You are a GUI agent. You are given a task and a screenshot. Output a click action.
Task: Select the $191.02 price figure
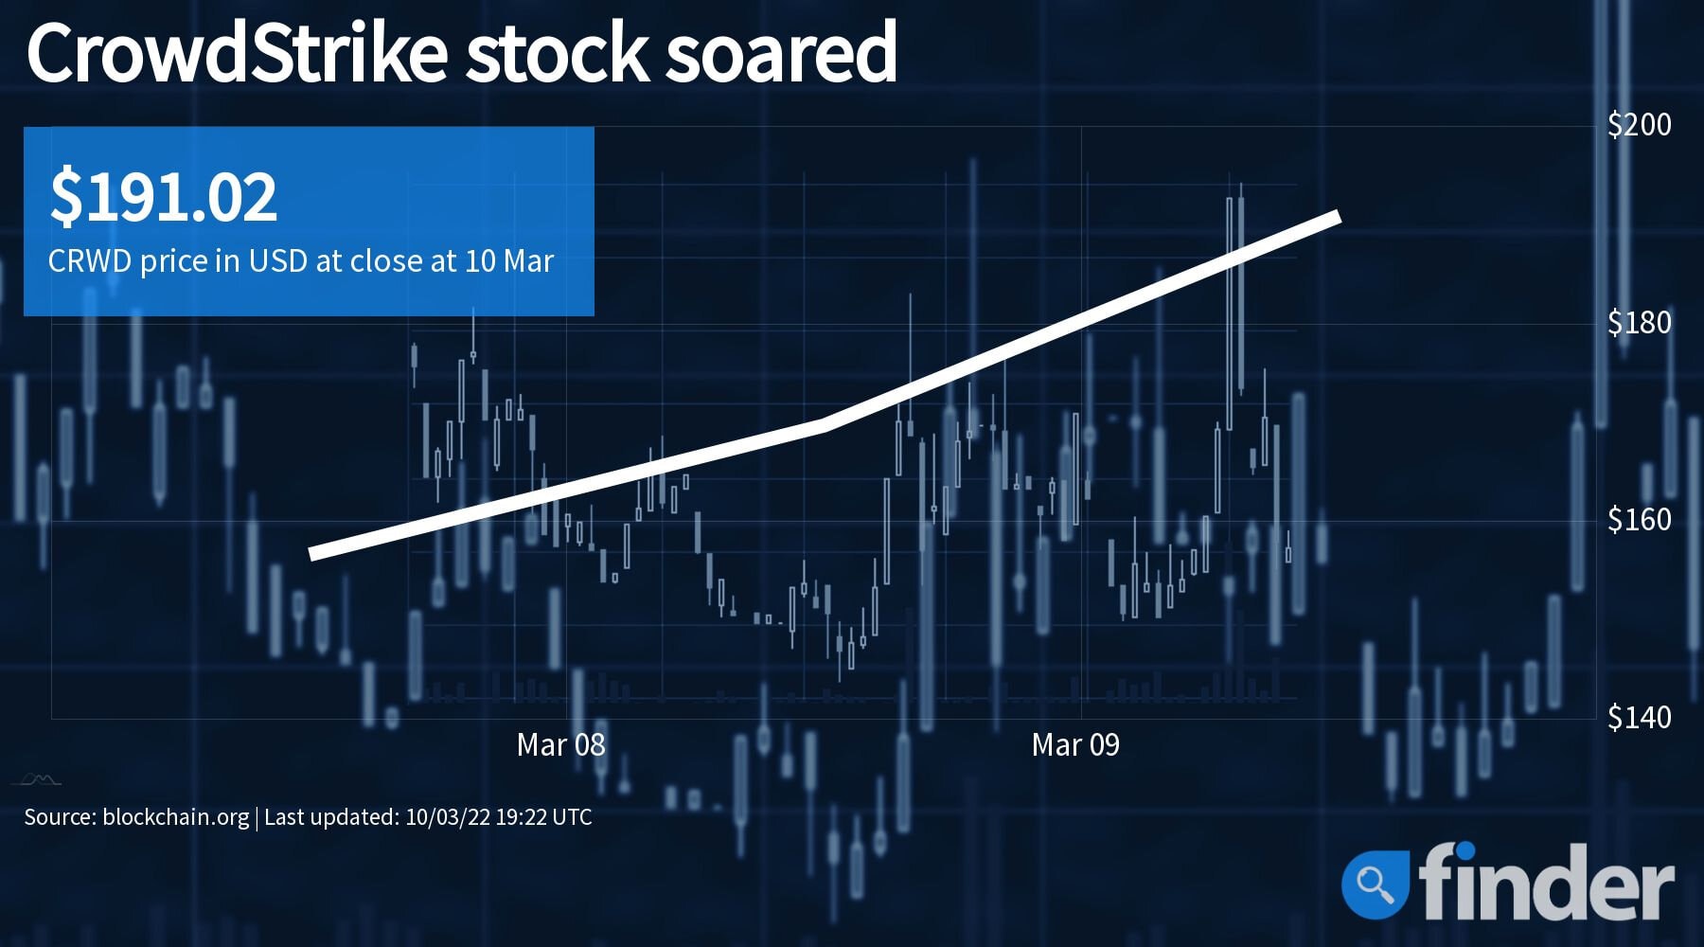[164, 197]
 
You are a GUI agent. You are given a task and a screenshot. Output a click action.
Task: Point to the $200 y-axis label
[1640, 124]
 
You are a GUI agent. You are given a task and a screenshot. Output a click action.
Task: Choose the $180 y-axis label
[1640, 322]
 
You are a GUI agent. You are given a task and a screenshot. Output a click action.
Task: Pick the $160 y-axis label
[1640, 519]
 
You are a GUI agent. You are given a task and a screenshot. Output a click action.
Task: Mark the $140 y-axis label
[1640, 717]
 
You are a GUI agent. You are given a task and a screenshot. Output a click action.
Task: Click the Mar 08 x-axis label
[560, 745]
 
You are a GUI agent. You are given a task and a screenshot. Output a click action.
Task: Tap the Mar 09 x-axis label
[1075, 745]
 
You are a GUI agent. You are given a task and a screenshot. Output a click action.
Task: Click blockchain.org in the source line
[175, 817]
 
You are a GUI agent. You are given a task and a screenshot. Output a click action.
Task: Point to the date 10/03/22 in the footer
[447, 817]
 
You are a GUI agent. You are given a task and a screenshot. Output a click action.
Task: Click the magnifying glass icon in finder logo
[1375, 884]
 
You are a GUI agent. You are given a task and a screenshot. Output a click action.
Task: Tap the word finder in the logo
[1546, 882]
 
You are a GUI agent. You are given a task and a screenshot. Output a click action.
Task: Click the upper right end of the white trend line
[1339, 217]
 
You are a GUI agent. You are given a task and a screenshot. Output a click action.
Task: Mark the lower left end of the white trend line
[311, 554]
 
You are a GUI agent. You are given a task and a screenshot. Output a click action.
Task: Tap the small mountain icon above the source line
[38, 779]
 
